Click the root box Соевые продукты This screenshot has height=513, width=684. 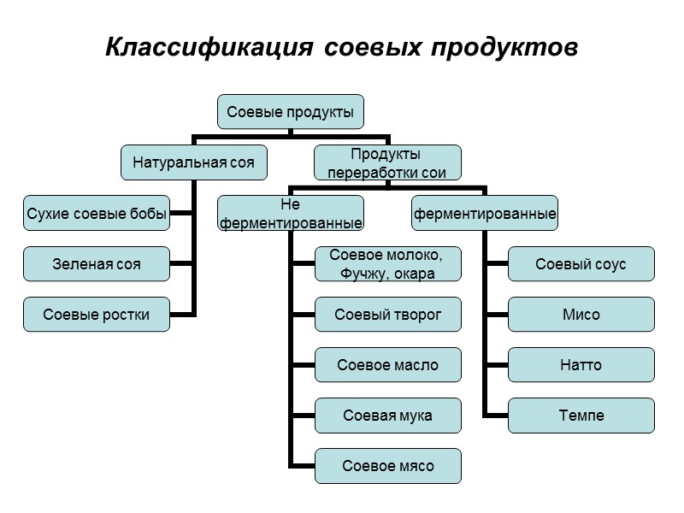[291, 112]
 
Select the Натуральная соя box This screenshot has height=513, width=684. [193, 162]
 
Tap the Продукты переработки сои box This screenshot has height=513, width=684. [387, 162]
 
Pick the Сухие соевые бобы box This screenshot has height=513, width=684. [97, 213]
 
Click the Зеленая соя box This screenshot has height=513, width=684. [97, 264]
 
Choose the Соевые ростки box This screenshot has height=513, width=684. [97, 315]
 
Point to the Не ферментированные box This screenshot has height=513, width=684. [291, 213]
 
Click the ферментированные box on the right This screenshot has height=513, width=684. [485, 213]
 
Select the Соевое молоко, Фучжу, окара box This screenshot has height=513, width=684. [387, 264]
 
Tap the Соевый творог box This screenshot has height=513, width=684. [387, 315]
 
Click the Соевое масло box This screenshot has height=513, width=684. [387, 365]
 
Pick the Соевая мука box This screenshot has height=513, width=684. [387, 416]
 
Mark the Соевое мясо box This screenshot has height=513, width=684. [387, 466]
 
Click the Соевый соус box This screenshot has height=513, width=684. [581, 264]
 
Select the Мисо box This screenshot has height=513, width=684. [581, 315]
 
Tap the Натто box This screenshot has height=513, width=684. [581, 365]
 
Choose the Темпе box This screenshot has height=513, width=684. [581, 416]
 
